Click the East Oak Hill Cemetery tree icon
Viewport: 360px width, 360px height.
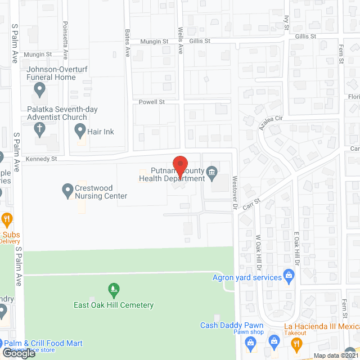click(x=114, y=291)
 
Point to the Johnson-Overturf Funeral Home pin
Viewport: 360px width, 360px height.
click(x=39, y=89)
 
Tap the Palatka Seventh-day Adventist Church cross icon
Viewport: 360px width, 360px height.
click(x=39, y=129)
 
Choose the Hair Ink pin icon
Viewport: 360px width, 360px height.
click(x=80, y=132)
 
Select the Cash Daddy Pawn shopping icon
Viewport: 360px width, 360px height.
click(x=274, y=340)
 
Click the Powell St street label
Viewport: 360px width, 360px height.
click(x=152, y=102)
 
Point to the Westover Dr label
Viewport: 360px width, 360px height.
click(x=235, y=195)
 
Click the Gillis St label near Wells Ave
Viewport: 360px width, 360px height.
click(x=199, y=41)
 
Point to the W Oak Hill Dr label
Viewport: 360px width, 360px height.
click(x=259, y=247)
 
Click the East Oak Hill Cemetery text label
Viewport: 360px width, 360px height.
click(x=114, y=305)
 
